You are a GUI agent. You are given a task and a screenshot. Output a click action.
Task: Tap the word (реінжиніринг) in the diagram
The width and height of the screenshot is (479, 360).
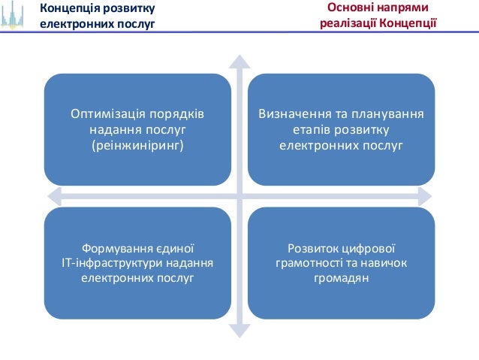(137, 144)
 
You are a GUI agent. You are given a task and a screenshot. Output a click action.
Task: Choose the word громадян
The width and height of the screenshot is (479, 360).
(341, 278)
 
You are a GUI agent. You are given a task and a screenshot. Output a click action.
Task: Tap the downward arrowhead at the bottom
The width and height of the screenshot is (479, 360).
(239, 329)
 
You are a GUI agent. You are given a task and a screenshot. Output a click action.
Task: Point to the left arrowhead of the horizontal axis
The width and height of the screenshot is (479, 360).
(53, 195)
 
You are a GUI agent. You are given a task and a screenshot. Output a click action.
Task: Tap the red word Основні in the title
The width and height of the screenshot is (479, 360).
(352, 8)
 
